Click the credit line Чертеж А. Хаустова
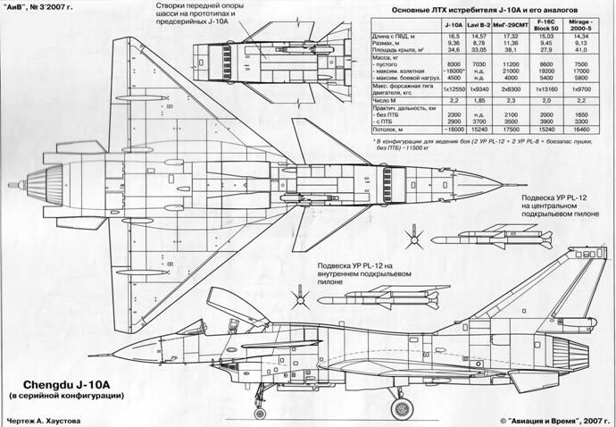pyautogui.click(x=54, y=418)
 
